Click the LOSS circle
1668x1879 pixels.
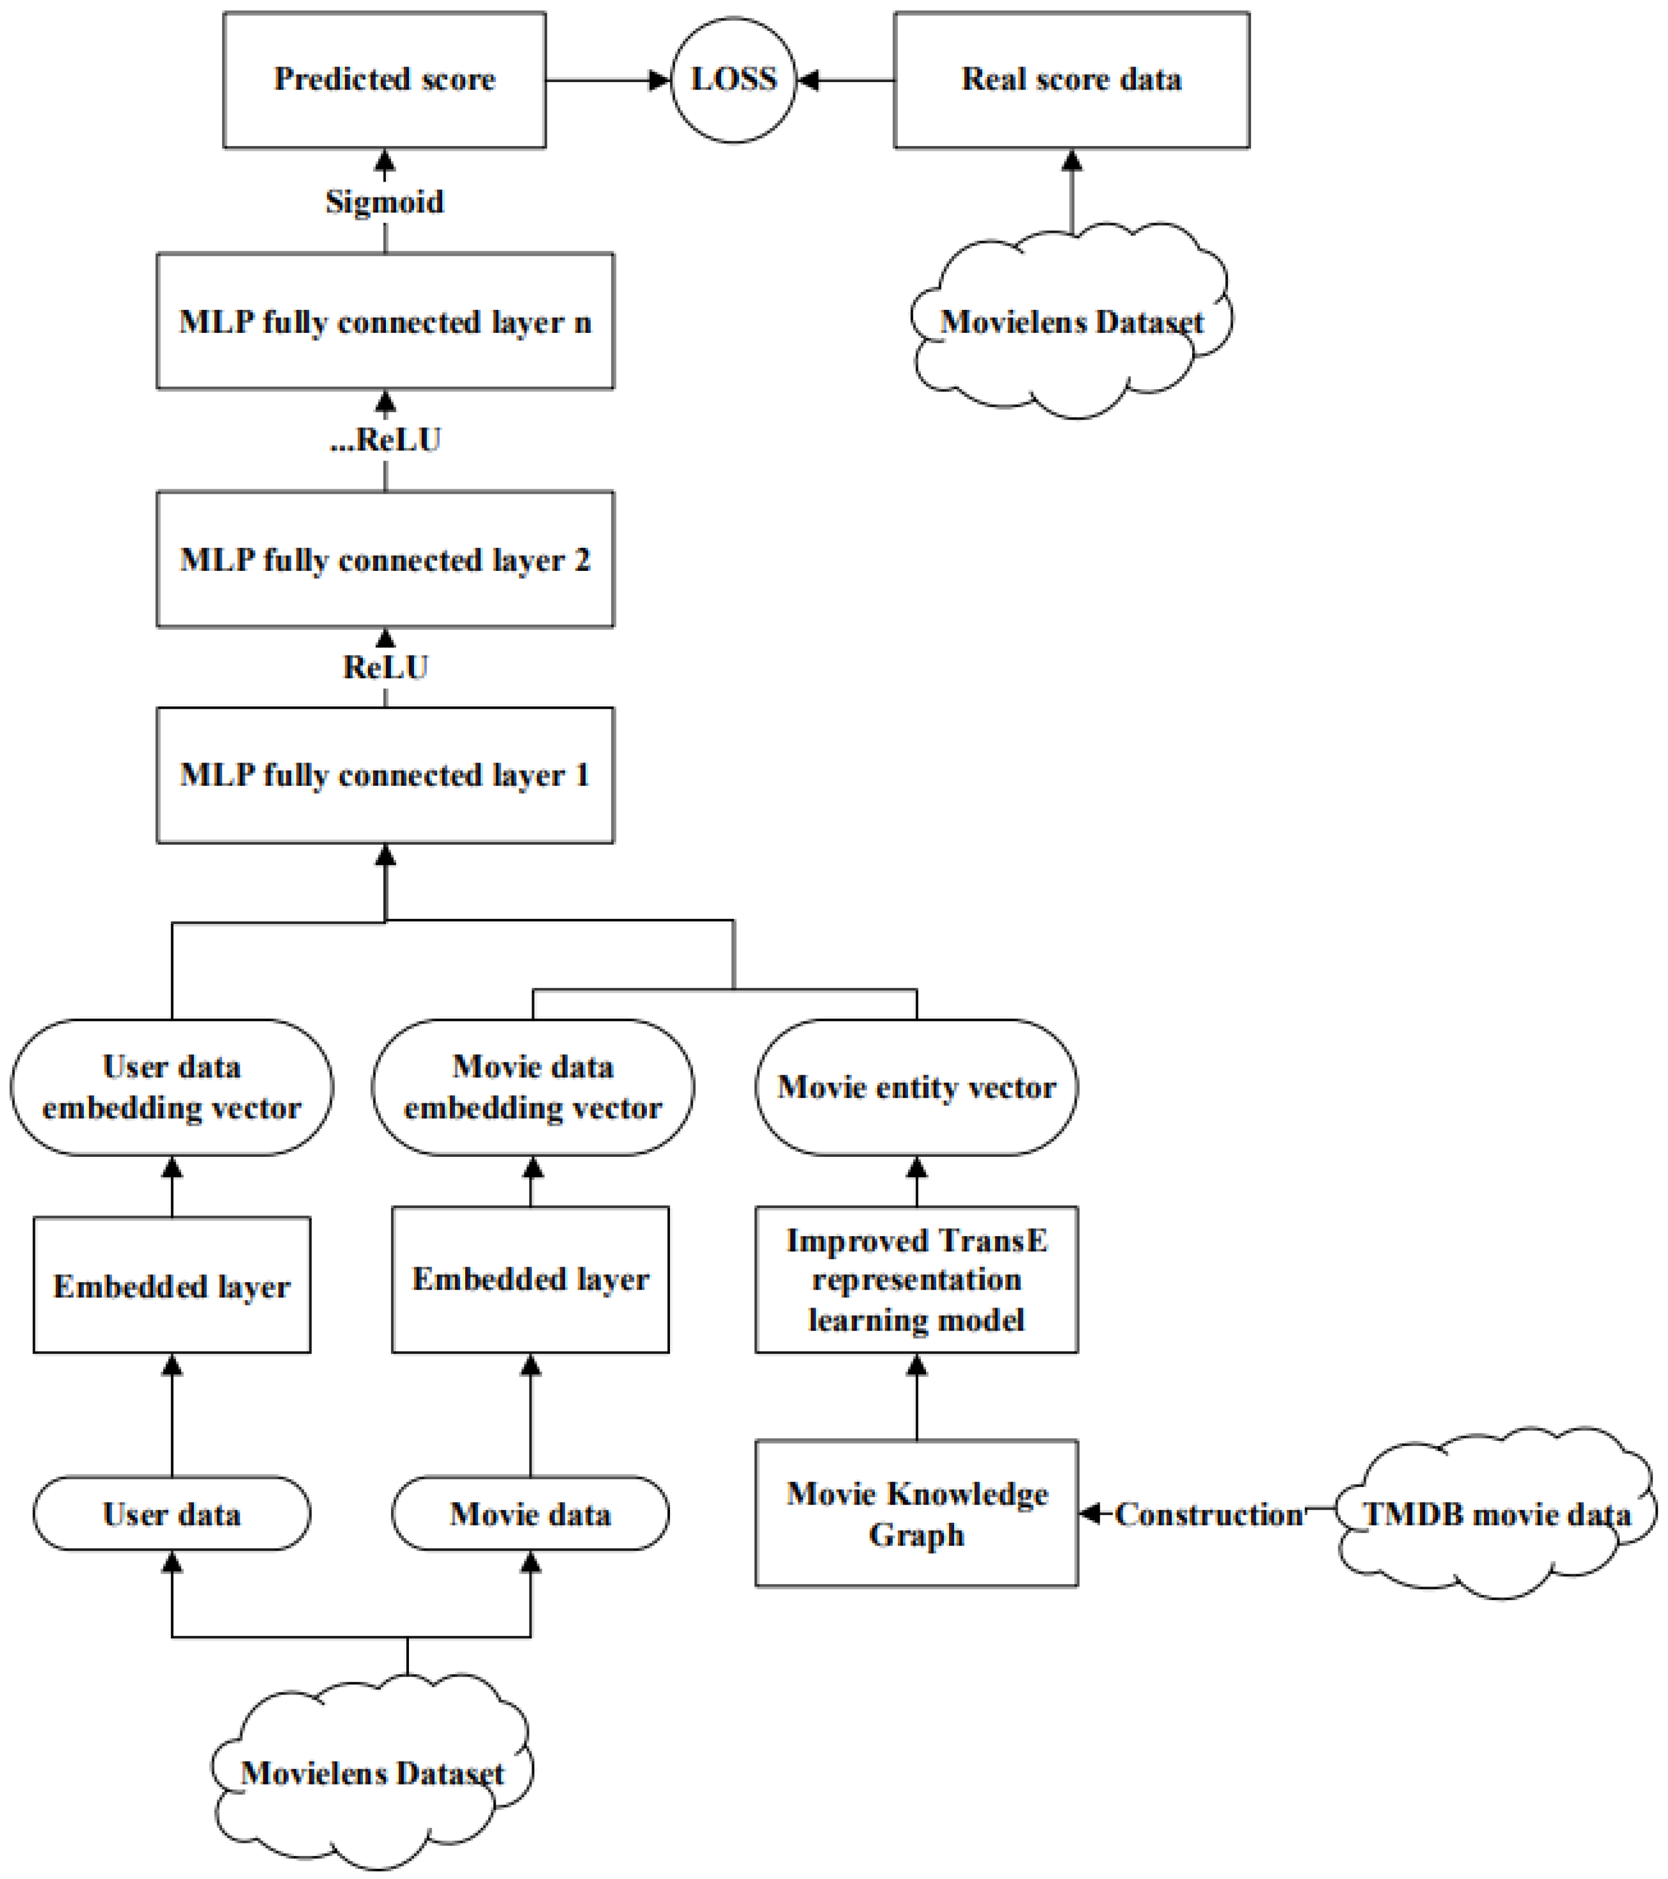(733, 80)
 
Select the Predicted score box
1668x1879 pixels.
(384, 80)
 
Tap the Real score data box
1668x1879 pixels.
(1071, 80)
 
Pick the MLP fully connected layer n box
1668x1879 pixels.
(384, 322)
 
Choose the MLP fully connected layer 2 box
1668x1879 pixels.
(384, 560)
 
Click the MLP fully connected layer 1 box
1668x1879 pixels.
(384, 775)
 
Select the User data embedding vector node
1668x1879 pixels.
(172, 1088)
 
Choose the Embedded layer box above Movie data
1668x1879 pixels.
(530, 1279)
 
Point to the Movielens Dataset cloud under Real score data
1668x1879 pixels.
(1071, 322)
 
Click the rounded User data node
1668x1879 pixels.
(172, 1514)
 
